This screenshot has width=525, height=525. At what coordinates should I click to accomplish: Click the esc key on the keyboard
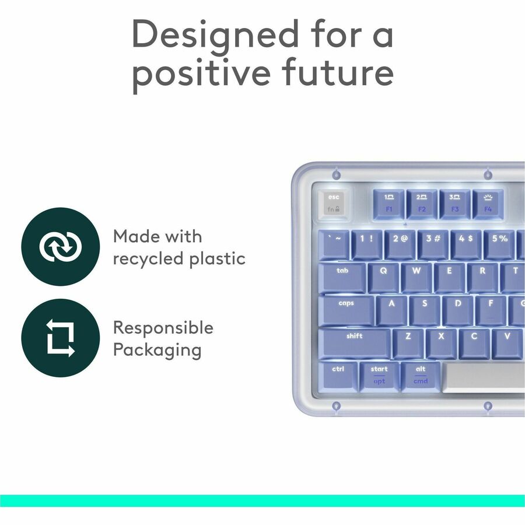(x=333, y=204)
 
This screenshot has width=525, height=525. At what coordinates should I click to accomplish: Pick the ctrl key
(x=338, y=375)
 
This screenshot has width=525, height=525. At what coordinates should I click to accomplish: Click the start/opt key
(x=379, y=375)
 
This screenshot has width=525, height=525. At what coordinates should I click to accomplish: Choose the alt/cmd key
(x=421, y=375)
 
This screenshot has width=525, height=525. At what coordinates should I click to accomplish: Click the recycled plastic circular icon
(x=60, y=246)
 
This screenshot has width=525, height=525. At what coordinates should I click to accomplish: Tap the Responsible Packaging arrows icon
(x=60, y=338)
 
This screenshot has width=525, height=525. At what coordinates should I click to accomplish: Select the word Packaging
(x=157, y=350)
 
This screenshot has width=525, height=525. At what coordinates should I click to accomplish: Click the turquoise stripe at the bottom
(x=262, y=501)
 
